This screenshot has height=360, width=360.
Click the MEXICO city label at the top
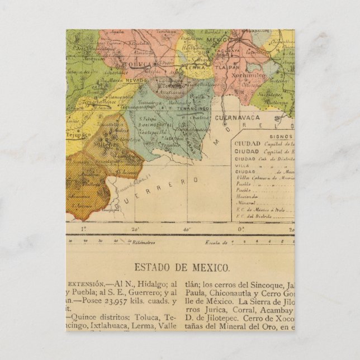(x=215, y=41)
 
